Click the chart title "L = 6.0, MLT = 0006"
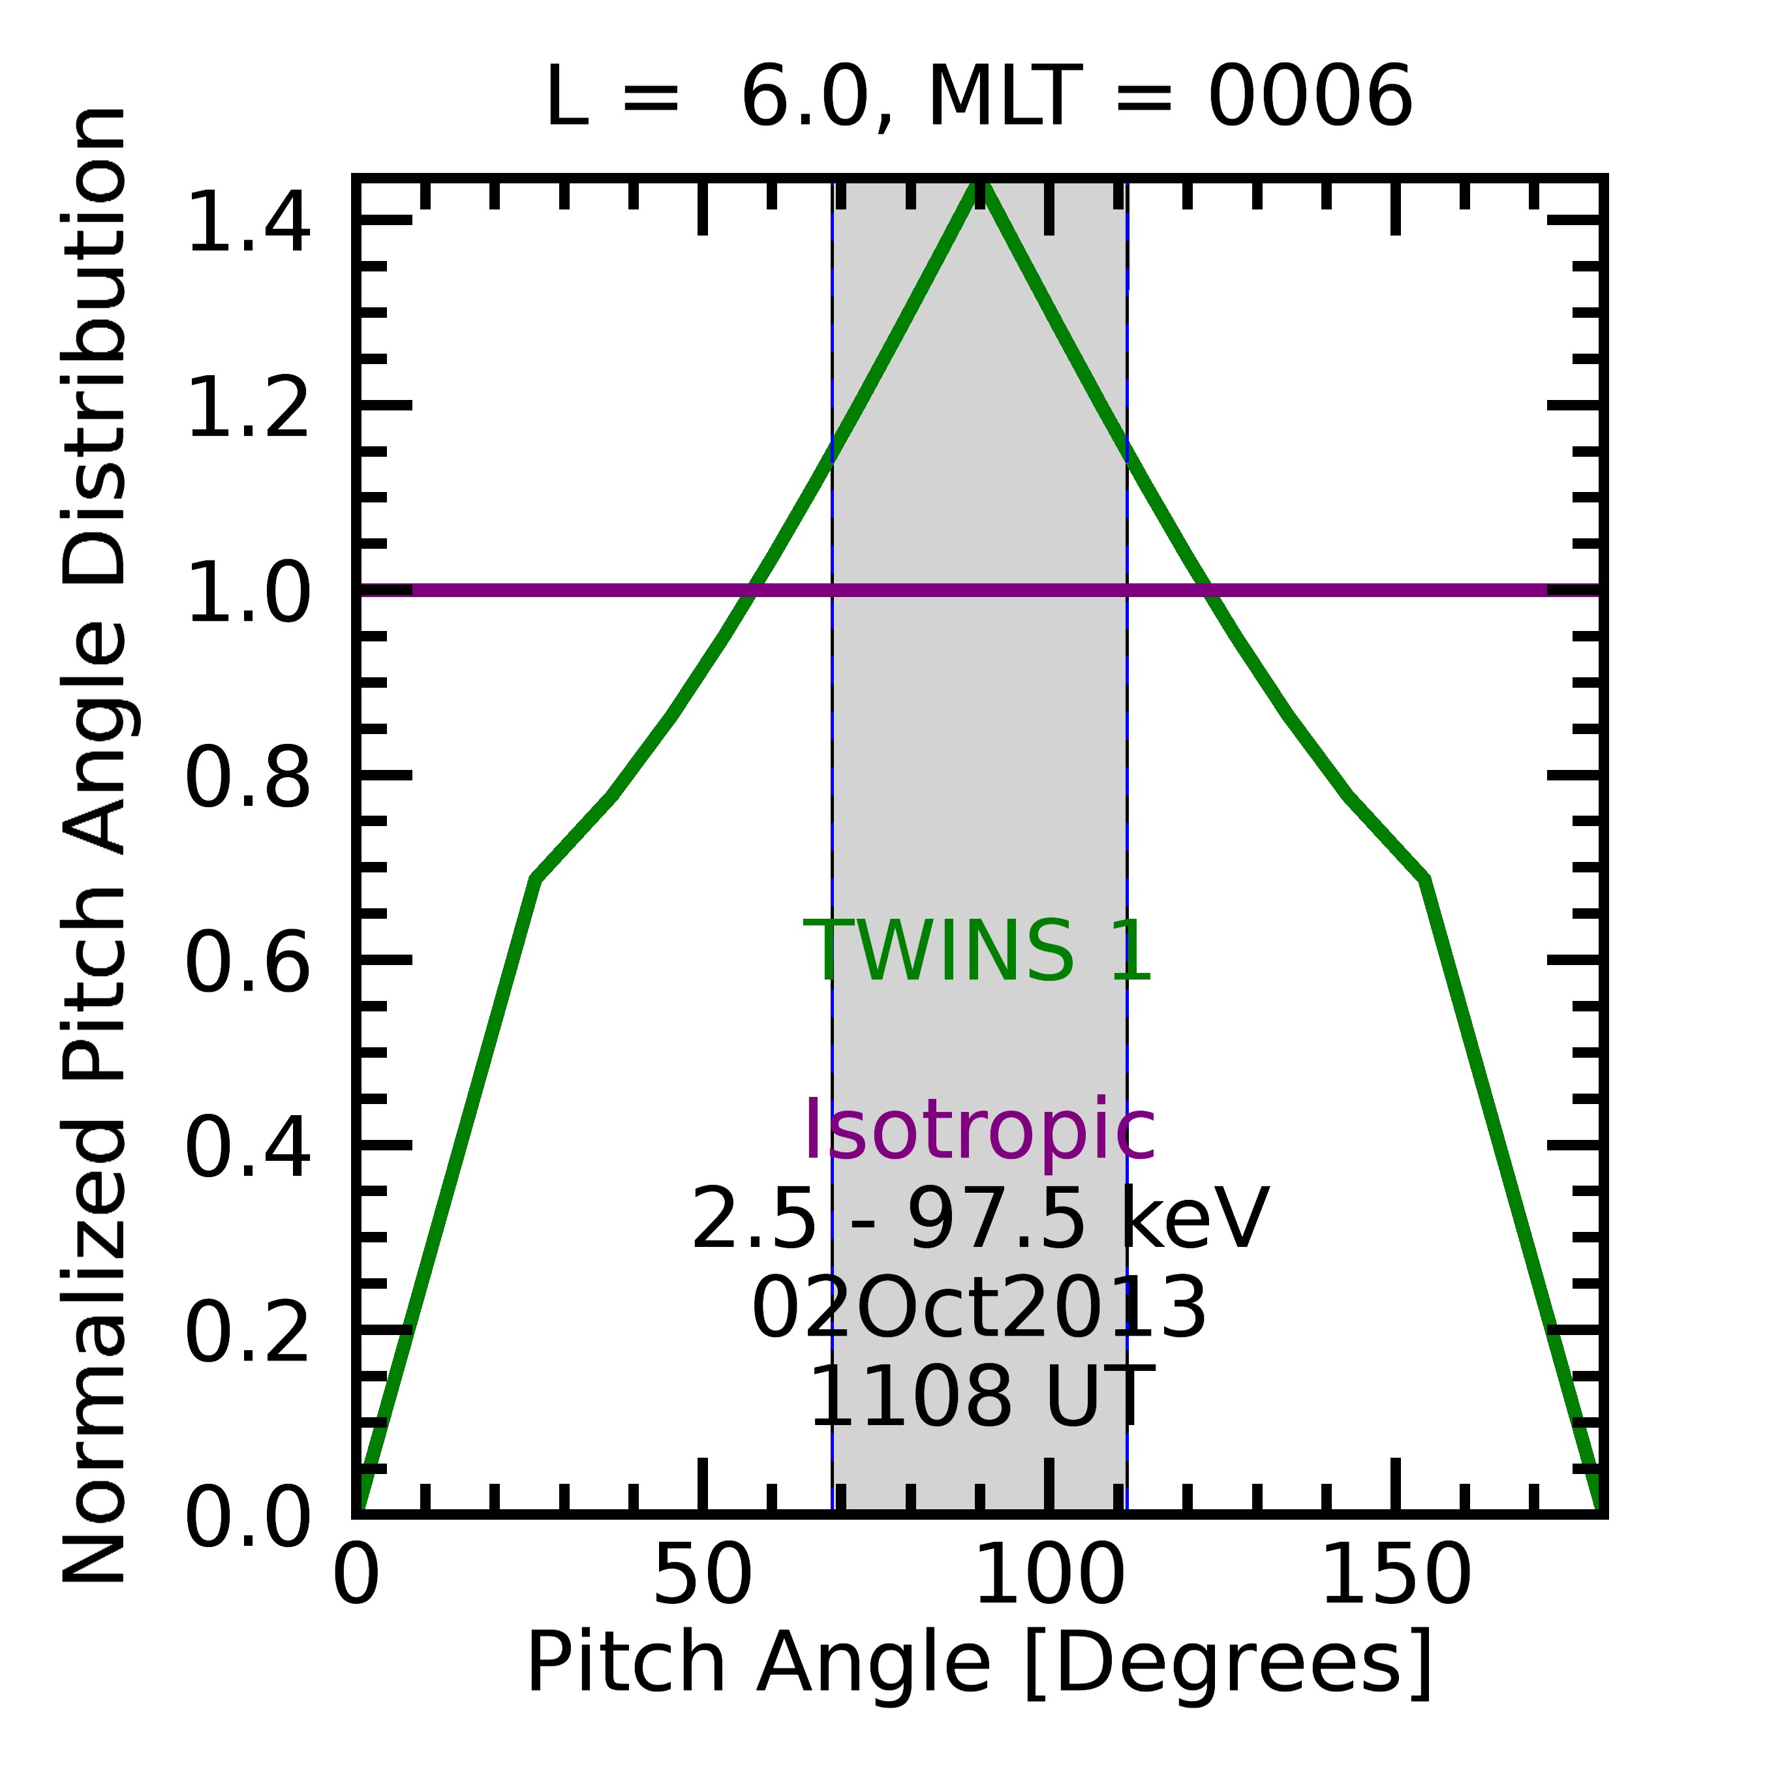point(979,98)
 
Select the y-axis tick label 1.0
point(247,593)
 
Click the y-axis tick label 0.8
point(247,778)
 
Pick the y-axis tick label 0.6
point(247,963)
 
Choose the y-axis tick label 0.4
point(247,1148)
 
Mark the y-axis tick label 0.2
point(247,1334)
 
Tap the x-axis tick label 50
point(703,1576)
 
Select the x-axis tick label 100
point(1049,1576)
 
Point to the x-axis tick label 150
point(1396,1576)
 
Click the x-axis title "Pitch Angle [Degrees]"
point(979,1663)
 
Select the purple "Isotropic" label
point(979,1131)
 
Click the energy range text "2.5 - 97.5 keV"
point(979,1220)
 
